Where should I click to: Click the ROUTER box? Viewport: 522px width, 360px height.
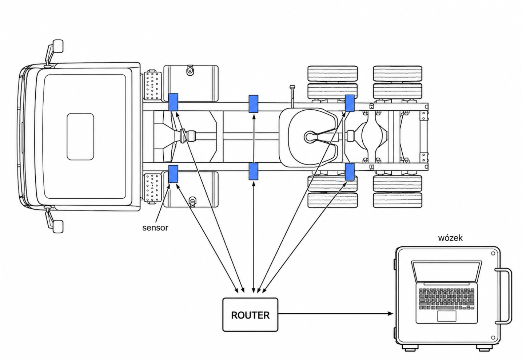point(250,314)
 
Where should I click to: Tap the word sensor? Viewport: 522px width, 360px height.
point(155,228)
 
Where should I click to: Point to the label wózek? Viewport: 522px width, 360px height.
point(450,238)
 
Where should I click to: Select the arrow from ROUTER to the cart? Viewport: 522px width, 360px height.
point(336,314)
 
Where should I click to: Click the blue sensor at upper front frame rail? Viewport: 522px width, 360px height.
point(173,102)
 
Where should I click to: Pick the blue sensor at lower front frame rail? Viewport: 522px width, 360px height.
point(173,174)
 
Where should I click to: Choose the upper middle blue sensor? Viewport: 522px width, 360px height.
point(253,104)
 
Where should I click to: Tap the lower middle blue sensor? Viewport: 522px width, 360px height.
point(253,171)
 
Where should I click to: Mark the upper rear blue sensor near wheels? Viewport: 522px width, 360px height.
point(350,103)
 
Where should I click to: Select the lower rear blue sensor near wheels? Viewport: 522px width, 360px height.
point(350,172)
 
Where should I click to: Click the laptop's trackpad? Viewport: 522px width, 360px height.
point(447,316)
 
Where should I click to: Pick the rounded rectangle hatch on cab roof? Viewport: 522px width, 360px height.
point(80,137)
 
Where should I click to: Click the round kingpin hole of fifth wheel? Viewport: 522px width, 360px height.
point(310,137)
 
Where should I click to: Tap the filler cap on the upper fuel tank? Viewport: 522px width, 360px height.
point(190,70)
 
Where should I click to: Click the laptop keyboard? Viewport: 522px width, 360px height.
point(446,299)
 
